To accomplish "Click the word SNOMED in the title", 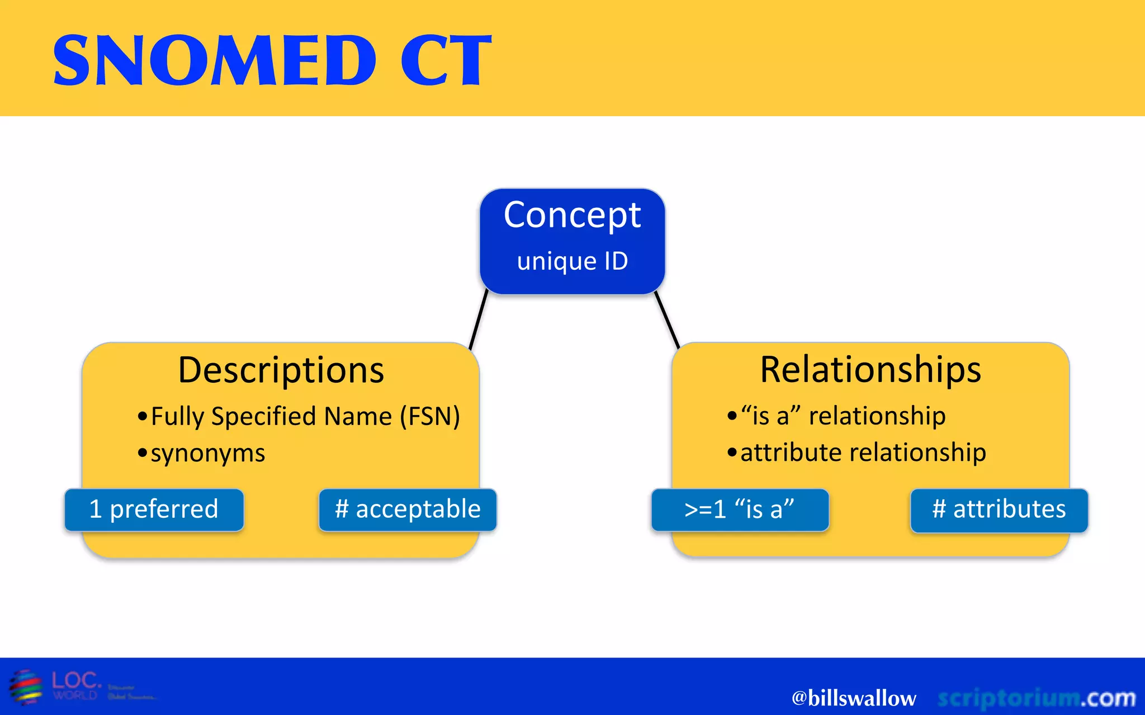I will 215,60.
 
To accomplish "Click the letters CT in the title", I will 446,60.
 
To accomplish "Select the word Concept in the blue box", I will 572,216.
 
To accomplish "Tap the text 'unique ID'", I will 572,261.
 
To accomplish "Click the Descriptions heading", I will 281,370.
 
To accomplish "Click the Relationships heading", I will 870,370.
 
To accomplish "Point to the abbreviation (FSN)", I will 430,417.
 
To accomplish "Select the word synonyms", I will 208,454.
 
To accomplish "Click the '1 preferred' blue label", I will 154,509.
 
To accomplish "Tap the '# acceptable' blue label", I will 408,509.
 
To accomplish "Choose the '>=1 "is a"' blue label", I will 739,509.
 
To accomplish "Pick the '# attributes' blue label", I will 999,509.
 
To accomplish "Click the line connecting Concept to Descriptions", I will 479,320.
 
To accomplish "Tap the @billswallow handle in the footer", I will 853,698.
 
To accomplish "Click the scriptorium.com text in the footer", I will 1036,698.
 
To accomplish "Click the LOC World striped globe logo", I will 26,687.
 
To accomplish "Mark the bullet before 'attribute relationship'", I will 732,453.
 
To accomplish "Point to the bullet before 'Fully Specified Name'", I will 143,417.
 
